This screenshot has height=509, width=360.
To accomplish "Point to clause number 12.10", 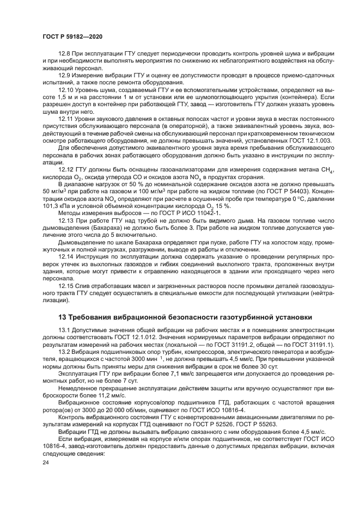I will pos(66,89).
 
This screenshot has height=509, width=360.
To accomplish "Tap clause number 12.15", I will pos(66,285).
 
